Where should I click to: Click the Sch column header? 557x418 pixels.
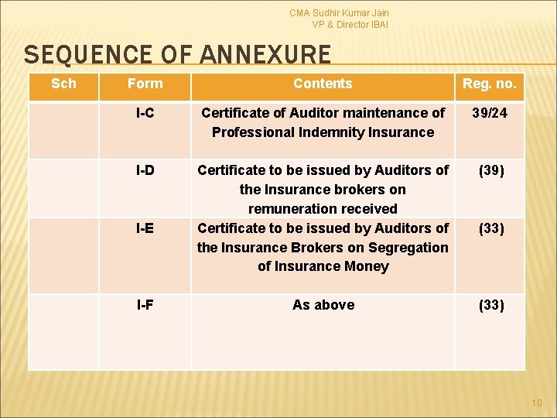coord(63,84)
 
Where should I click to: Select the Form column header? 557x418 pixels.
coord(145,84)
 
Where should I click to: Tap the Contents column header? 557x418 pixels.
coord(323,84)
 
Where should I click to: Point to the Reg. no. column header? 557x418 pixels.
coord(489,84)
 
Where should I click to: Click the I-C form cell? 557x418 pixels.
coord(145,113)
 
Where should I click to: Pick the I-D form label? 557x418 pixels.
coord(145,170)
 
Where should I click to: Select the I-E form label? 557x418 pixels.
coord(145,228)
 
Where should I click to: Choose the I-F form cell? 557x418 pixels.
coord(145,305)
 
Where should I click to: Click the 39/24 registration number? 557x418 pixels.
coord(489,113)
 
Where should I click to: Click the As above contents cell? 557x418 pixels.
coord(323,305)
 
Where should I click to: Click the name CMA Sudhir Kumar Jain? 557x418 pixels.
coord(339,13)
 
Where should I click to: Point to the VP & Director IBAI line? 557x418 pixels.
coord(350,25)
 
